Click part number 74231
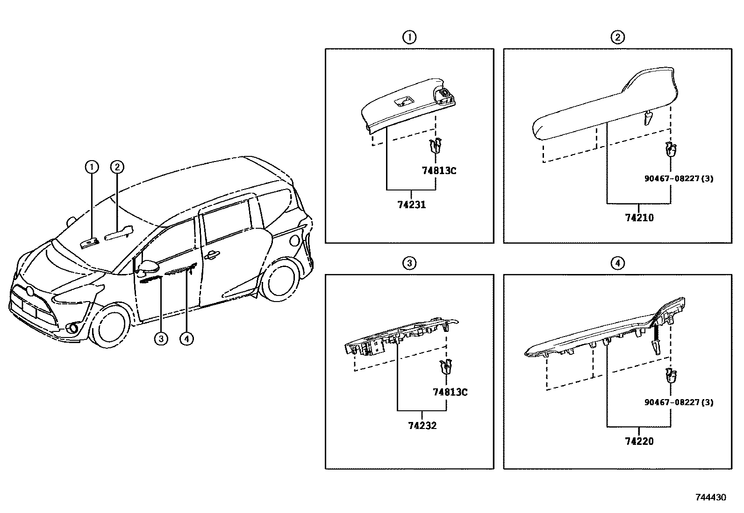point(411,204)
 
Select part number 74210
point(639,218)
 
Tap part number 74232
point(422,426)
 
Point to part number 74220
point(639,441)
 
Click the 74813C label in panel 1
point(439,171)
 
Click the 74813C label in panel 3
point(450,392)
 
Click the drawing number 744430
point(711,498)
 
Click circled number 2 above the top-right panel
point(617,37)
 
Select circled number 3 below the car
point(160,339)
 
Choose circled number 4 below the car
point(186,339)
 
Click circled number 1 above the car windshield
point(92,166)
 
